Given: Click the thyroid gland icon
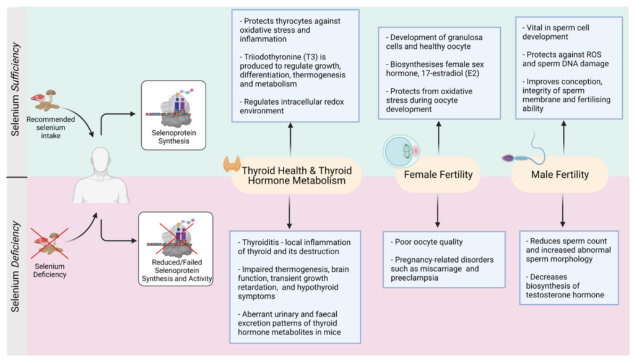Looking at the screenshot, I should click(233, 164).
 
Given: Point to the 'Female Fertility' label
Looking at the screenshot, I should click(438, 175).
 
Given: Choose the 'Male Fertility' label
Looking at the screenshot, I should click(560, 175).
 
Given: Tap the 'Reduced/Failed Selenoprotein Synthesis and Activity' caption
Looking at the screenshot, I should click(176, 273).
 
